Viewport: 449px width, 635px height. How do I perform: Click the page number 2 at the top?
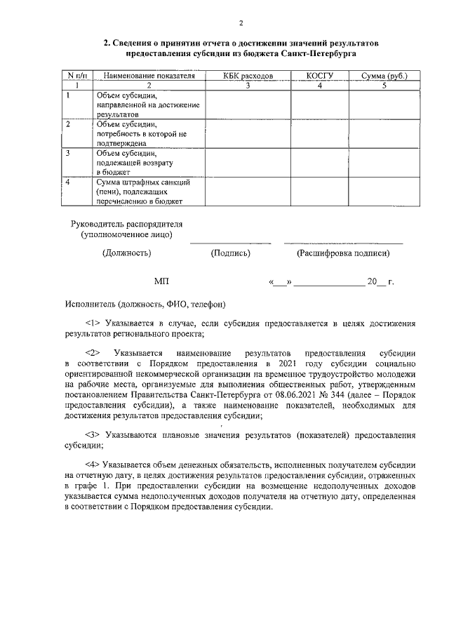[x=240, y=23]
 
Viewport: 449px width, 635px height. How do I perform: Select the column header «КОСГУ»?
[x=319, y=75]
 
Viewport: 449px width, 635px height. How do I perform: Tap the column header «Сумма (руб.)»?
[x=384, y=75]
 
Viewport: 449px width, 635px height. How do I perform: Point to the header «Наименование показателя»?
[x=149, y=75]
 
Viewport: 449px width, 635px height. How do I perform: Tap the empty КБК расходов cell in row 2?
[x=248, y=133]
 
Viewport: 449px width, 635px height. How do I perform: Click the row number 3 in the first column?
[x=68, y=152]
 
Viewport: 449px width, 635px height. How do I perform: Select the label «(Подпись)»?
[x=231, y=253]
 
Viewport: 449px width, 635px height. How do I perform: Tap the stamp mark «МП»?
[x=162, y=281]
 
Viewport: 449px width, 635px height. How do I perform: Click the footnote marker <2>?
[x=94, y=352]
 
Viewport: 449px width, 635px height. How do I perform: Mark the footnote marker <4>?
[x=93, y=464]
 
